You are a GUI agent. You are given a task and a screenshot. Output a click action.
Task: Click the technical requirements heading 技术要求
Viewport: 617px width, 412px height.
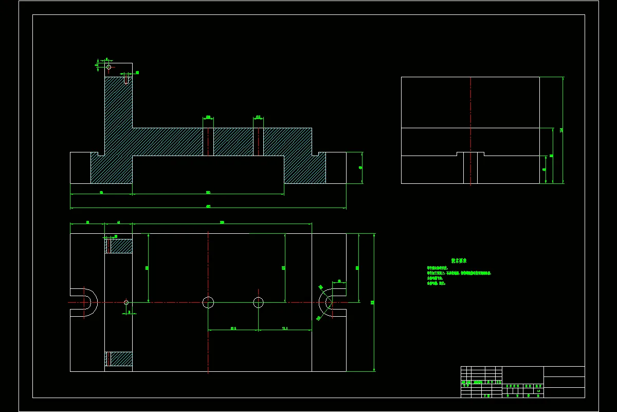459,261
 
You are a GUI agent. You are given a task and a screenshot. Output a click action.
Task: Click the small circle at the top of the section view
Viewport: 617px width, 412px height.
108,67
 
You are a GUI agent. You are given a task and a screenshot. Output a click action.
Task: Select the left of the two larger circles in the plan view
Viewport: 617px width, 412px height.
208,302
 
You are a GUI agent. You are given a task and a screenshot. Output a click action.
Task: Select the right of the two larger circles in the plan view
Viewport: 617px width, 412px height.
258,302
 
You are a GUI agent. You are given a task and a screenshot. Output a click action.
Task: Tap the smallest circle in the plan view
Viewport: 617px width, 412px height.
126,302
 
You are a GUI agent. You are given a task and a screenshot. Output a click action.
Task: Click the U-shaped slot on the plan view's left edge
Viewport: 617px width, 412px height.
87,302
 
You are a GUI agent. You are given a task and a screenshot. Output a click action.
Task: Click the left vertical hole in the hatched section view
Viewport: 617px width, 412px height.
208,142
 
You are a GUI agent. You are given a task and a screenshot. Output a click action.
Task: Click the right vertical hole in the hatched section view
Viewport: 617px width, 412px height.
258,142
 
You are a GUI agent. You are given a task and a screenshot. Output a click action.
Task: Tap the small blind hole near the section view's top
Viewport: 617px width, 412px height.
126,79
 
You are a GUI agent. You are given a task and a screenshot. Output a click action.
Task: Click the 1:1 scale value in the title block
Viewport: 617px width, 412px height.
538,391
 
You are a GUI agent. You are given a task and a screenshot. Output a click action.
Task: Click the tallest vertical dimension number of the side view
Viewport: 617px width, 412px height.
561,130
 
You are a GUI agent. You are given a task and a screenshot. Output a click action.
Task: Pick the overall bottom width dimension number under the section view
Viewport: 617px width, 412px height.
208,207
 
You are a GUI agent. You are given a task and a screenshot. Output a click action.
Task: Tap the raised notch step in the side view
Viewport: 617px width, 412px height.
470,153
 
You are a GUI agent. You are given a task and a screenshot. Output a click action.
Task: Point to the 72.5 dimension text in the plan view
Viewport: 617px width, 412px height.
285,328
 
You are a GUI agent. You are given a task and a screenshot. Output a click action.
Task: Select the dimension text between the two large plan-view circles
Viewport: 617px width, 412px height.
233,328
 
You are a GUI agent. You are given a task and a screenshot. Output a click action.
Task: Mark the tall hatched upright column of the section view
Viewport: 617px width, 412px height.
118,113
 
